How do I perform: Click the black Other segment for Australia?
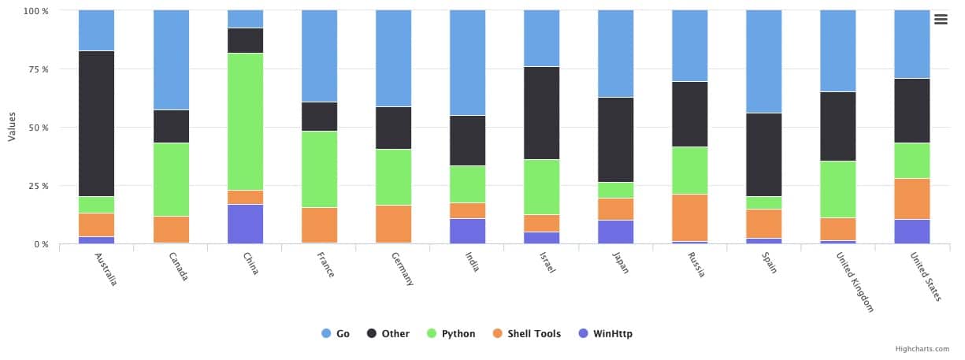96,124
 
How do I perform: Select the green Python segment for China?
245,121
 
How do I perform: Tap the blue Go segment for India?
467,62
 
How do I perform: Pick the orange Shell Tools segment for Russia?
689,217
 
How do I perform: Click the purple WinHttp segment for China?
245,224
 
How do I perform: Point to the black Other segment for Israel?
541,113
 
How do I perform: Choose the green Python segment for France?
319,169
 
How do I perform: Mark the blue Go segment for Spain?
763,61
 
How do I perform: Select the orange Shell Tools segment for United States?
911,199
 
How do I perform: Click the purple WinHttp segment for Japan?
615,232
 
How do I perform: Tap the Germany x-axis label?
401,270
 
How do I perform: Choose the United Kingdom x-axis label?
856,282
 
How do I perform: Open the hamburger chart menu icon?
941,20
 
